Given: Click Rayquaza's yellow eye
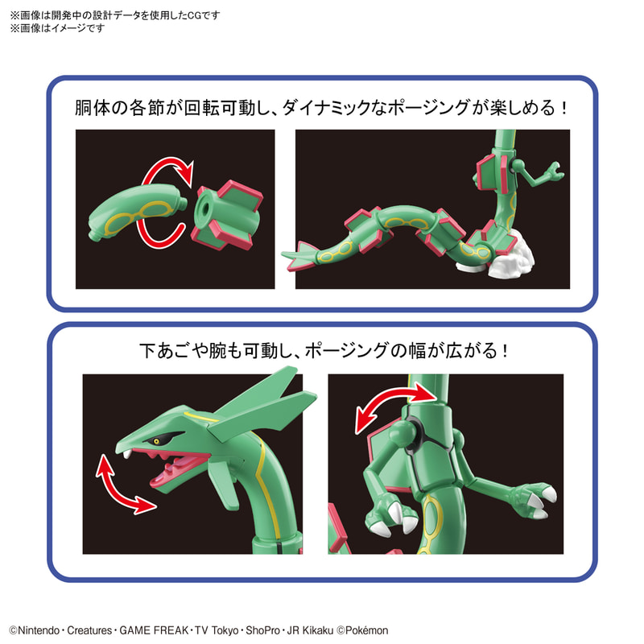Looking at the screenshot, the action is coord(156,441).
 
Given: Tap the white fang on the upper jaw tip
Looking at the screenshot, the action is coord(128,453).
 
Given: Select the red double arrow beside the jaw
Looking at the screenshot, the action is coord(125,484).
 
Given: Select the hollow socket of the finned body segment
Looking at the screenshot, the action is coord(204,208).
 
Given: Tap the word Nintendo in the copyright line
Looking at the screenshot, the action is coord(39,630).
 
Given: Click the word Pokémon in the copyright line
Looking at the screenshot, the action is coord(367,630).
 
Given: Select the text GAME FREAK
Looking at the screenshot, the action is coord(154,630).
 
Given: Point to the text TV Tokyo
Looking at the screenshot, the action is coord(217,630).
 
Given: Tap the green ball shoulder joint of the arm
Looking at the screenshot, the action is coord(403,431).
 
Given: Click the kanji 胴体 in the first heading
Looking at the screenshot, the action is coord(93,108).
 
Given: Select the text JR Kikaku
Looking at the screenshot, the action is coord(310,630).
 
